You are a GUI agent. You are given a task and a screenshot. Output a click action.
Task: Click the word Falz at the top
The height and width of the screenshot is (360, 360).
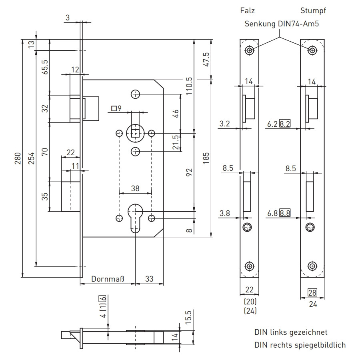coord(248,11)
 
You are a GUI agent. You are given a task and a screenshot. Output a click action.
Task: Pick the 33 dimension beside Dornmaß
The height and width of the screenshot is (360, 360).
coord(149,279)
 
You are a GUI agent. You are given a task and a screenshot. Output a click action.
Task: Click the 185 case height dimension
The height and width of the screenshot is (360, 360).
coord(207,158)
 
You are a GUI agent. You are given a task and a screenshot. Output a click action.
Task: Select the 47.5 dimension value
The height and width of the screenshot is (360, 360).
coord(207,60)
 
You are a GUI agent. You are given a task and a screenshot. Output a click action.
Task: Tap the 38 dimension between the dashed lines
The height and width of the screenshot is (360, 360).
coord(135,188)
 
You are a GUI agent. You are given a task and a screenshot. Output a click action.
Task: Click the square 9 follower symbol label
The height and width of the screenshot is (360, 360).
coord(116,108)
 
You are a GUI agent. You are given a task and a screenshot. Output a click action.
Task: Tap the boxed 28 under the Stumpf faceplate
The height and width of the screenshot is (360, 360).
coord(312,293)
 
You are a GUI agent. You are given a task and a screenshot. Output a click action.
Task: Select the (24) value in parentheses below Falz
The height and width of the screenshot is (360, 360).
coord(250,310)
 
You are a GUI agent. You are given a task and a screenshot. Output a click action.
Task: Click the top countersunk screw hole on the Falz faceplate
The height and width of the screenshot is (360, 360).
coord(250,50)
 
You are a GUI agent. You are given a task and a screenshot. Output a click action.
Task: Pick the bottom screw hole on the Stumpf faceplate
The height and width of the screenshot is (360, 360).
coord(312,266)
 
